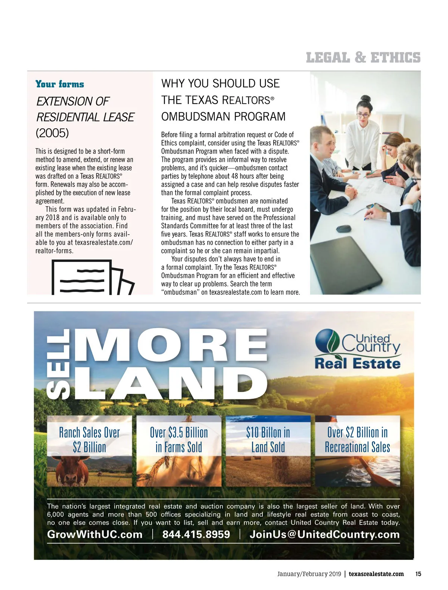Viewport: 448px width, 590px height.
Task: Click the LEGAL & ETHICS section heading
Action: [363, 58]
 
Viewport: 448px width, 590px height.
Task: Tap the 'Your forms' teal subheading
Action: [60, 84]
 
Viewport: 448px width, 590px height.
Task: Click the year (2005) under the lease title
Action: [52, 133]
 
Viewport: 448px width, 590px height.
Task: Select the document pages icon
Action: [91, 278]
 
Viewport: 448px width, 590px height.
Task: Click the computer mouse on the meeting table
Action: [344, 228]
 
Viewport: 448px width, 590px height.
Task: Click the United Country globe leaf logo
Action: [328, 340]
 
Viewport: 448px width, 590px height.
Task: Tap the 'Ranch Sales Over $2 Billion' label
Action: [90, 440]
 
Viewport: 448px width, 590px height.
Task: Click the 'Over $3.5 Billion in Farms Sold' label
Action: [179, 440]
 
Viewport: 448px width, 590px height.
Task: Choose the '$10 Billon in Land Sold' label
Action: [268, 440]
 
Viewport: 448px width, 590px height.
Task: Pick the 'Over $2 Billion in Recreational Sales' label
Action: [357, 440]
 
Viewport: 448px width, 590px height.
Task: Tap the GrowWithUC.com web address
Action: [95, 534]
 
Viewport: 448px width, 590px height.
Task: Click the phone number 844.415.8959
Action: [196, 534]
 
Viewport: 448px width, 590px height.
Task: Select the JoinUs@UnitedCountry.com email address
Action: [324, 534]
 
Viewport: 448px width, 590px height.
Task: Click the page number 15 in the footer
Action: [418, 574]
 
